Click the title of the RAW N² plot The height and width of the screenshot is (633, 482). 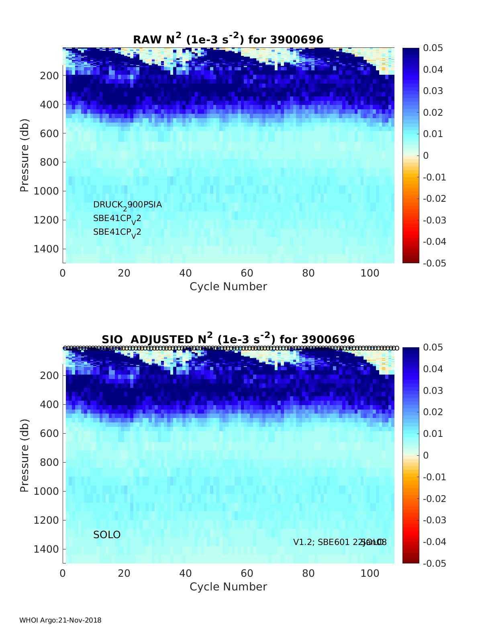click(228, 39)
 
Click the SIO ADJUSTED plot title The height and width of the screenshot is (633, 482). click(228, 339)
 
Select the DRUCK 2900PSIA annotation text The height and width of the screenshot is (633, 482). click(127, 205)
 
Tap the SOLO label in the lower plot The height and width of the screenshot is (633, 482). click(107, 535)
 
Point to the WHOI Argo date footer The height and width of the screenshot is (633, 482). click(60, 620)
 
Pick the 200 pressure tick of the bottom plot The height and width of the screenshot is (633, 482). click(49, 375)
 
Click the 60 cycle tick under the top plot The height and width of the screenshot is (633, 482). click(247, 273)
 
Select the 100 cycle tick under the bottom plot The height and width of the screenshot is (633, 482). click(370, 574)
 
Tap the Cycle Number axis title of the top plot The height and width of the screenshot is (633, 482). click(228, 287)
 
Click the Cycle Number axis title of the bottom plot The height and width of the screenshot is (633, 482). click(228, 587)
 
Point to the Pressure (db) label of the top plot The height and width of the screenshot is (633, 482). click(25, 155)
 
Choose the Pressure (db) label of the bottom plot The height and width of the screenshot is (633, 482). click(25, 455)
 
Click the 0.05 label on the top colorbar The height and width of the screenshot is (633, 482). click(433, 48)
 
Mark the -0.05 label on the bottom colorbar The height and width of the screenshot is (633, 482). click(435, 563)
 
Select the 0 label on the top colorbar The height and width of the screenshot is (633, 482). click(426, 156)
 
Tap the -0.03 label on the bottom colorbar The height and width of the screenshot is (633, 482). click(435, 520)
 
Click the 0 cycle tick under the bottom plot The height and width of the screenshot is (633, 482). click(63, 574)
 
